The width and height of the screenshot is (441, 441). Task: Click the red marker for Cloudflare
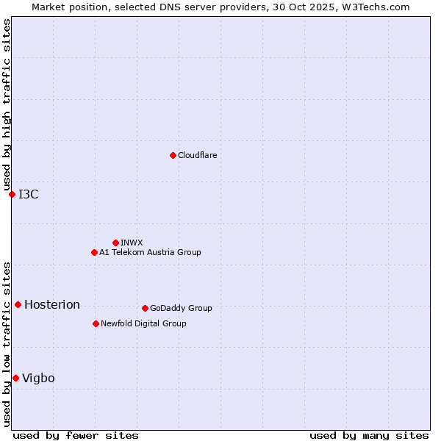click(x=173, y=155)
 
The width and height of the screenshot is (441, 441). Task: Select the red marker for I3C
click(x=12, y=194)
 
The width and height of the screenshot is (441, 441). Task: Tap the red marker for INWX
click(x=115, y=243)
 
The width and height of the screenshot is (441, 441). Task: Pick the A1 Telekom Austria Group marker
click(x=94, y=252)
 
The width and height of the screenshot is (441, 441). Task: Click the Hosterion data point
click(x=18, y=304)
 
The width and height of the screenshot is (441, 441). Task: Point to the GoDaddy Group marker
click(x=145, y=308)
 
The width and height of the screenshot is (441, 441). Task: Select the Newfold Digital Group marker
click(x=96, y=323)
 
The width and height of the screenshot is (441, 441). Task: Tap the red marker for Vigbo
click(x=15, y=378)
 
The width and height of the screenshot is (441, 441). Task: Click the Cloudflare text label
click(x=197, y=155)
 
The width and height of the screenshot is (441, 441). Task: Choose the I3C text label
click(x=29, y=194)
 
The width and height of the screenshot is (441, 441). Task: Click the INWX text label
click(x=132, y=243)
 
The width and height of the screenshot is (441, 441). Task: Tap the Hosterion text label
click(x=52, y=305)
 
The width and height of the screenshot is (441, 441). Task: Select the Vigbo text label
click(x=38, y=379)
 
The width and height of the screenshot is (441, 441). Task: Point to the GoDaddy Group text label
click(x=181, y=308)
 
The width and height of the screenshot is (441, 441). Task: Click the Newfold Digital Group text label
click(x=143, y=323)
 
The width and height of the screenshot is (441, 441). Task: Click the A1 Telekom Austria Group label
click(x=150, y=252)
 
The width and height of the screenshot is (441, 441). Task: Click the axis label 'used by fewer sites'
click(x=76, y=435)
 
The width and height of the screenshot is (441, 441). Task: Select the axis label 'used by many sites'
click(x=369, y=435)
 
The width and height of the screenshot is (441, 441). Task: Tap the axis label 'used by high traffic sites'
click(x=7, y=105)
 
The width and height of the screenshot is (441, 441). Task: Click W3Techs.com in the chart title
click(x=373, y=7)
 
